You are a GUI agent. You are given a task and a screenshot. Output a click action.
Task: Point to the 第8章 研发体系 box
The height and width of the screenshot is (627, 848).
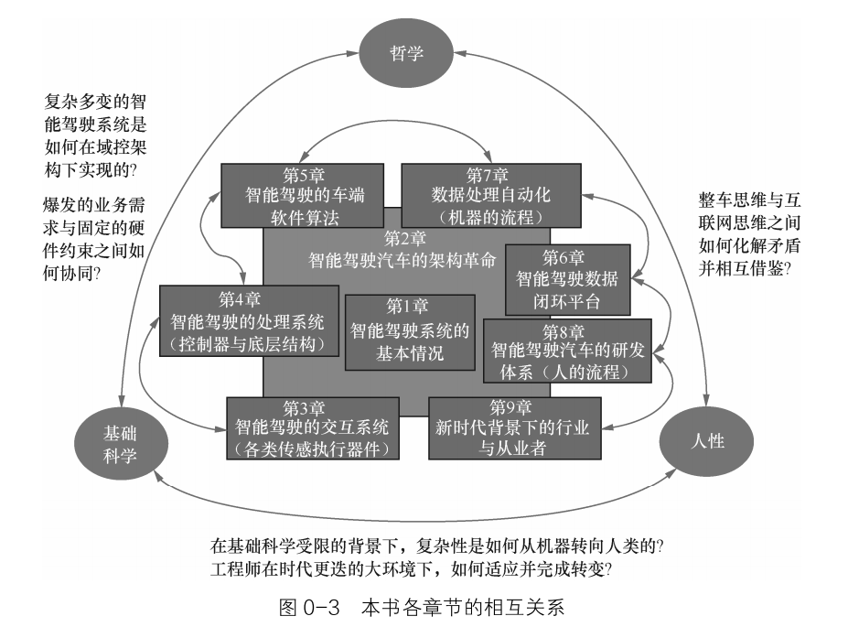point(567,350)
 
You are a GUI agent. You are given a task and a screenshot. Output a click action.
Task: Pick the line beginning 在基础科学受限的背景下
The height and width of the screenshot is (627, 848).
point(436,546)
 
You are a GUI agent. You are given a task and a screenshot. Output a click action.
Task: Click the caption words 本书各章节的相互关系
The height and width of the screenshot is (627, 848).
point(467,605)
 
